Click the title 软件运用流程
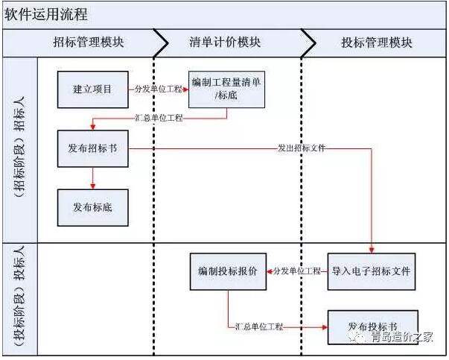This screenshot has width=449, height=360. click(46, 14)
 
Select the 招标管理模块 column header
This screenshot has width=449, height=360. click(89, 42)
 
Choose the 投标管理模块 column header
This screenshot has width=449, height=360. click(376, 42)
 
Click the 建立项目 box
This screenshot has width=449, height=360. click(92, 89)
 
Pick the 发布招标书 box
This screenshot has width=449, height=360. click(92, 148)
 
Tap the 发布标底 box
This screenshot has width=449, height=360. click(92, 206)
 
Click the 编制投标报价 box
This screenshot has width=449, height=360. click(228, 271)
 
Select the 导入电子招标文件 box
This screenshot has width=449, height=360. click(372, 271)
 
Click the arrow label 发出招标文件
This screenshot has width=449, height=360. click(302, 149)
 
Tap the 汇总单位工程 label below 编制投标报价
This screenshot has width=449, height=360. click(259, 326)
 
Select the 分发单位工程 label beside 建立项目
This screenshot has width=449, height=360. click(158, 89)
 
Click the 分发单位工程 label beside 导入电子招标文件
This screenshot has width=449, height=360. click(297, 271)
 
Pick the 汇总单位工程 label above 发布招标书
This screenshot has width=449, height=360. click(159, 118)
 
